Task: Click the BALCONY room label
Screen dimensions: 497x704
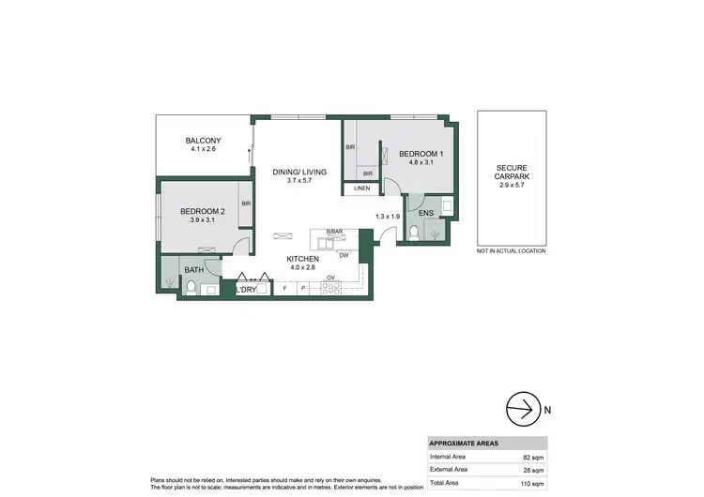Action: pyautogui.click(x=204, y=141)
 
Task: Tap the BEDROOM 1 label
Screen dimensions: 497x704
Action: pyautogui.click(x=421, y=154)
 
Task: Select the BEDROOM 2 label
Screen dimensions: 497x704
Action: pyautogui.click(x=203, y=212)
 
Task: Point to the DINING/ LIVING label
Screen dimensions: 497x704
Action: pyautogui.click(x=299, y=172)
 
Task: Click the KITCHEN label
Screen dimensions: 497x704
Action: pyautogui.click(x=303, y=259)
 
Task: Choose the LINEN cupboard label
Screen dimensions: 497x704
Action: pyautogui.click(x=362, y=189)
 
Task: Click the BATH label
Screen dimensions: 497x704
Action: pyautogui.click(x=193, y=270)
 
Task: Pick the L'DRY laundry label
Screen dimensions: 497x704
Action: pyautogui.click(x=246, y=290)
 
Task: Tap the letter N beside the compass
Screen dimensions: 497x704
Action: pyautogui.click(x=549, y=409)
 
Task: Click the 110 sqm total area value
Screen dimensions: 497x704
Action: pyautogui.click(x=531, y=482)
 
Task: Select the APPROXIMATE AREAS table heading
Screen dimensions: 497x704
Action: pyautogui.click(x=464, y=443)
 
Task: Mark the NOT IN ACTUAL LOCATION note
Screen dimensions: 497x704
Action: pyautogui.click(x=511, y=251)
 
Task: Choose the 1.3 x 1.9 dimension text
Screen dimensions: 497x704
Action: pyautogui.click(x=388, y=217)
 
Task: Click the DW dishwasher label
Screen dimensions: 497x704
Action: pyautogui.click(x=344, y=256)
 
